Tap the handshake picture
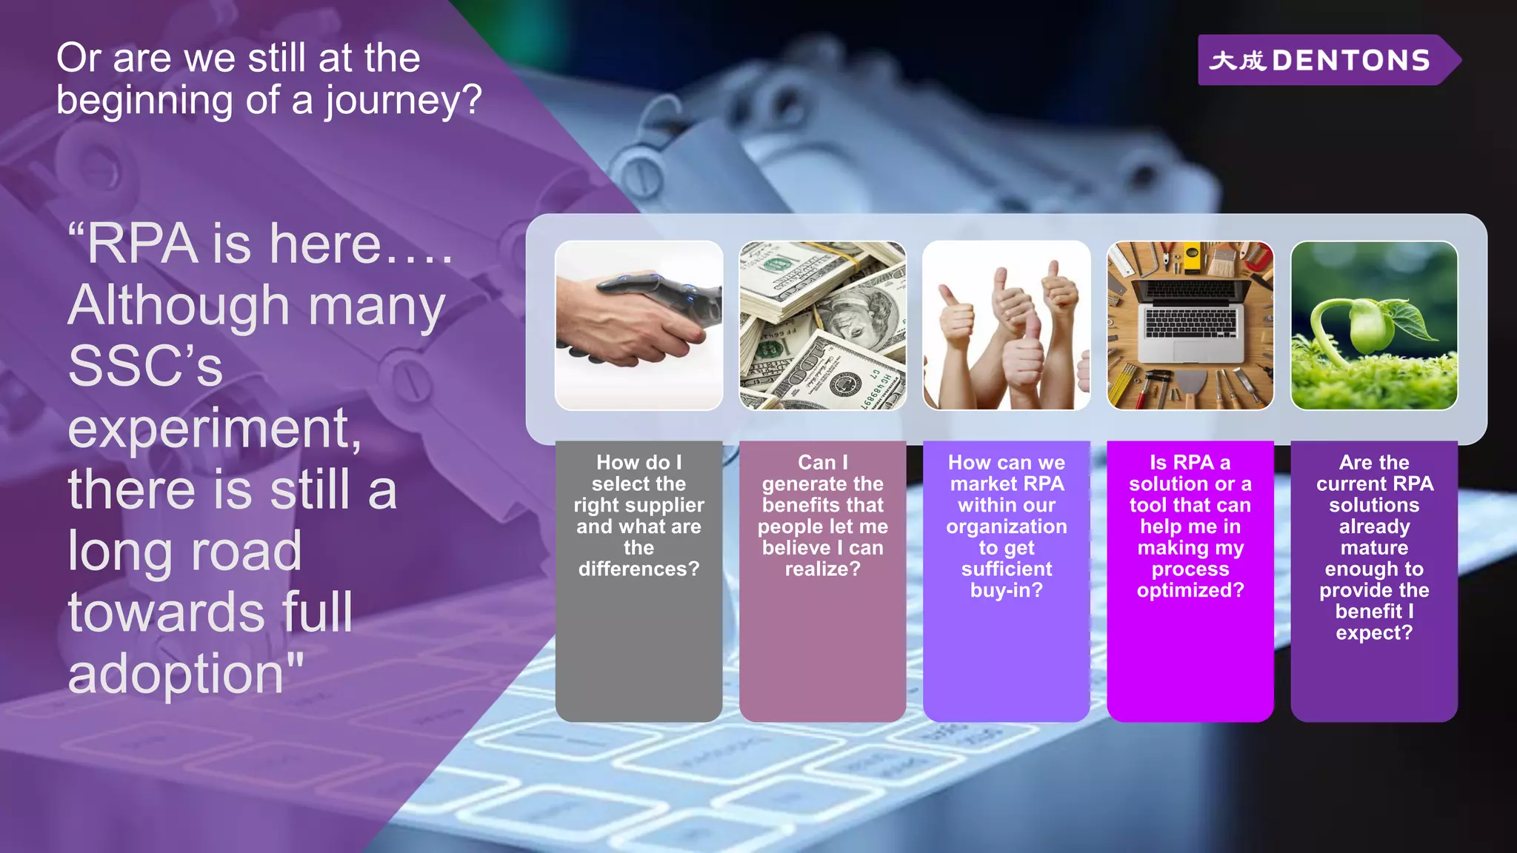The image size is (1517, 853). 639,325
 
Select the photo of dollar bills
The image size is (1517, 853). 822,325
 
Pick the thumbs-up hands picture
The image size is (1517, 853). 1006,325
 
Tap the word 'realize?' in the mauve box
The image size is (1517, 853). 822,569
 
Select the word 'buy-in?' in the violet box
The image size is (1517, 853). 1006,590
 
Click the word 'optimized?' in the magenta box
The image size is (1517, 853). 1190,590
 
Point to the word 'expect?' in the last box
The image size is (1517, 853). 1373,633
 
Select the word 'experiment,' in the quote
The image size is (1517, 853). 215,429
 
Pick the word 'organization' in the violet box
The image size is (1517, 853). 1006,526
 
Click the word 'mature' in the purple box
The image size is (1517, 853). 1373,548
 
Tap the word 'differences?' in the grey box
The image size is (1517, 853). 639,569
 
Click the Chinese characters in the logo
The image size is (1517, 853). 1237,61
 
